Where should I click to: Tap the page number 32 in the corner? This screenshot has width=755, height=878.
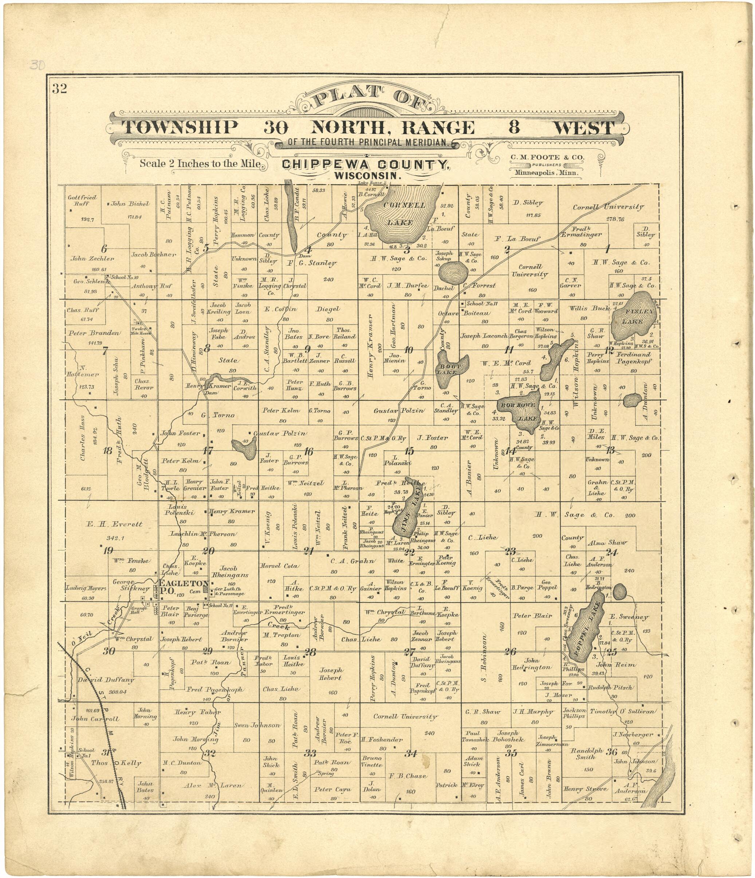coord(59,88)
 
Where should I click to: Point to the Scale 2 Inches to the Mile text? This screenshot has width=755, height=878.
coord(200,163)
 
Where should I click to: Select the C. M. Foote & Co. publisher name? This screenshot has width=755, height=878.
coord(547,157)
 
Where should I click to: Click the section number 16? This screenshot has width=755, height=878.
coord(308,452)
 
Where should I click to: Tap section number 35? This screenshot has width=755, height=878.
coord(511,753)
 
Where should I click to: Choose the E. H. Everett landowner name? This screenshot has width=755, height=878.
coord(114,524)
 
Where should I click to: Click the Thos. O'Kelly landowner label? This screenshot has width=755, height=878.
coord(116,763)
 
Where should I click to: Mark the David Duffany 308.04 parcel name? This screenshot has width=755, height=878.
coord(106,680)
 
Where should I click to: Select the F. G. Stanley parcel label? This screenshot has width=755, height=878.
coord(312,263)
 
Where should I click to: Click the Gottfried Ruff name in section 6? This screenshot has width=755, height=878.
coord(82,200)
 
